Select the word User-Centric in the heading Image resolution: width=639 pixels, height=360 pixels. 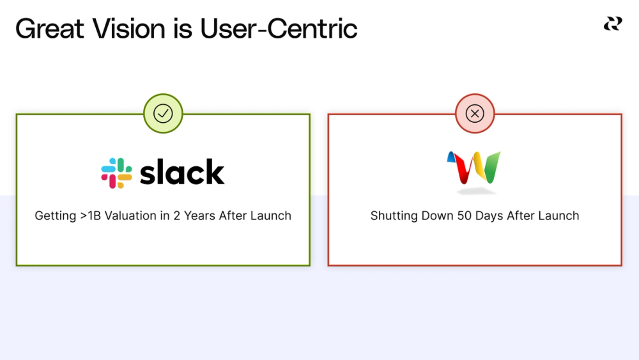(x=279, y=29)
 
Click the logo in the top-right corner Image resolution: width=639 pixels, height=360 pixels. (x=613, y=24)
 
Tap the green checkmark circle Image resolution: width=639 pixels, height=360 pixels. (x=163, y=114)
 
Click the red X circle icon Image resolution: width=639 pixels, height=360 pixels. (x=475, y=114)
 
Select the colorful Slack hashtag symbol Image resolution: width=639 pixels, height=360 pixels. (x=116, y=173)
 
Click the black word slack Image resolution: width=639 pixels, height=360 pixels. (x=182, y=172)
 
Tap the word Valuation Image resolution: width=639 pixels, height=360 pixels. (x=132, y=215)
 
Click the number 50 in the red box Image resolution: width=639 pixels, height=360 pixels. (x=464, y=215)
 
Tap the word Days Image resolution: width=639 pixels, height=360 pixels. (x=489, y=215)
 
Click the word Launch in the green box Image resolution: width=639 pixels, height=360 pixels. (x=270, y=215)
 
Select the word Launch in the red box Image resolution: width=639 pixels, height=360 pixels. (x=558, y=215)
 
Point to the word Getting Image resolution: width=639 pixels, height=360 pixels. (x=55, y=215)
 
